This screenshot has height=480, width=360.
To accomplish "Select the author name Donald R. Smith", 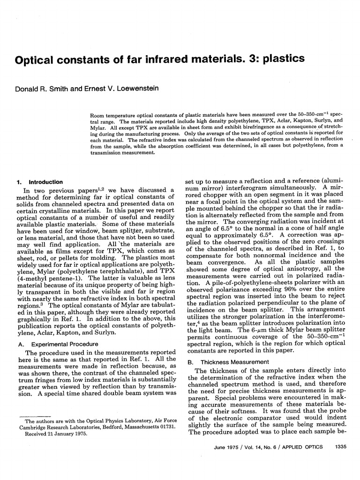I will (x=40, y=88).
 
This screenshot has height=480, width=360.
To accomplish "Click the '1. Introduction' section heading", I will (x=39, y=182).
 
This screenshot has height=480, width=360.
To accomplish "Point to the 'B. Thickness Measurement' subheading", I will (x=228, y=362).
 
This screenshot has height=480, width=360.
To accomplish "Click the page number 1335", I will (x=338, y=447).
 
